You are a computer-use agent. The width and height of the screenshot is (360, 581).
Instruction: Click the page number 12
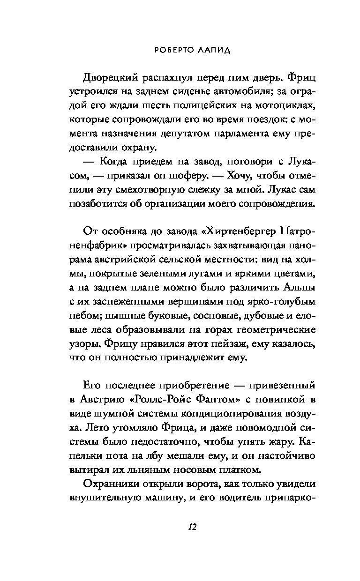[192, 527]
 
